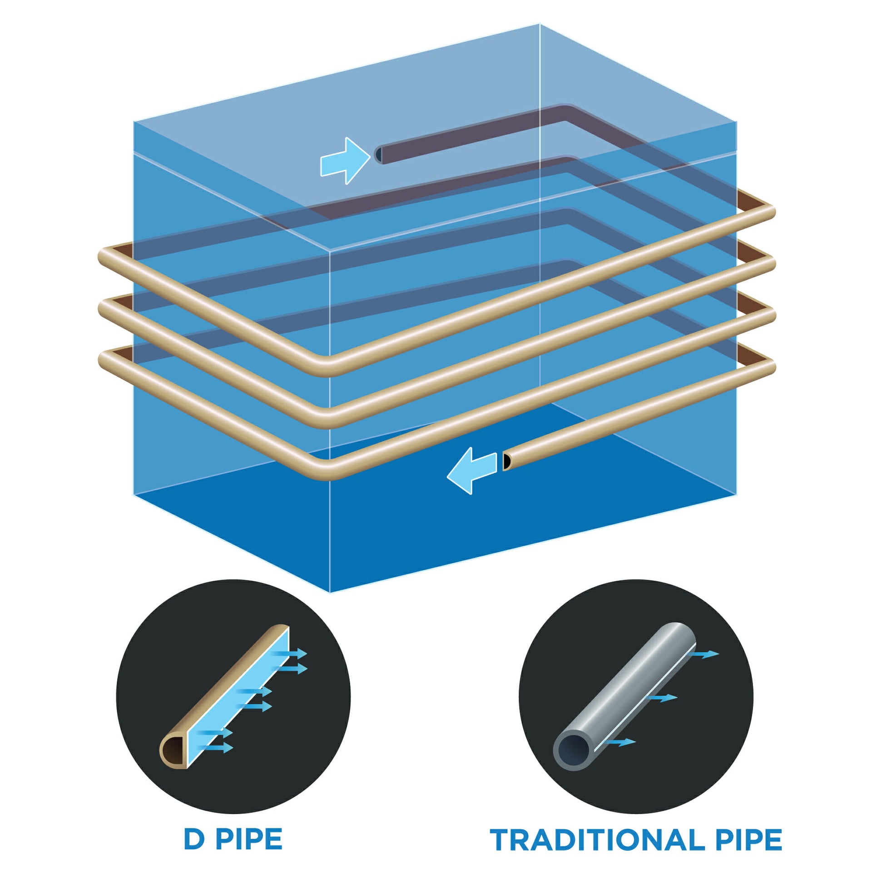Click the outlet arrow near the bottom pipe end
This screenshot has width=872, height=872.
(472, 471)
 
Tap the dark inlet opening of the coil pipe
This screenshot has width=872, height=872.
(378, 154)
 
